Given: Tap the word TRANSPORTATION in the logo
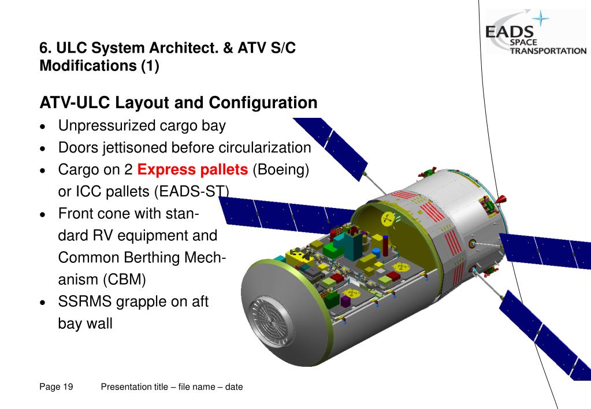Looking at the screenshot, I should click(x=548, y=51).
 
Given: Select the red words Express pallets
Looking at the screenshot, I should click(x=192, y=170).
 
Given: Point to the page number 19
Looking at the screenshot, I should click(x=68, y=387).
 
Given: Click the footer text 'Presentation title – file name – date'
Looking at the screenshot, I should click(x=172, y=387).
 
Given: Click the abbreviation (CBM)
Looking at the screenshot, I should click(x=125, y=280).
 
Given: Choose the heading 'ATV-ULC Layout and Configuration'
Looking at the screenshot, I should click(x=178, y=103).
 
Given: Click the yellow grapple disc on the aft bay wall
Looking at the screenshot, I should click(x=387, y=219).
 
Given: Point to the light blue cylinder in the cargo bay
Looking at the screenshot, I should click(x=377, y=252).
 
